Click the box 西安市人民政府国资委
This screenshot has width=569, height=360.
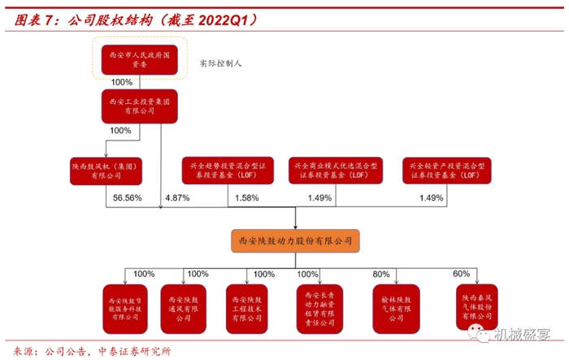click(136, 58)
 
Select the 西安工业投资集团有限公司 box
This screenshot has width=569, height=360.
click(136, 106)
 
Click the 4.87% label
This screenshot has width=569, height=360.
click(176, 198)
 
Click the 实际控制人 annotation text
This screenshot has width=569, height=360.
click(222, 63)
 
